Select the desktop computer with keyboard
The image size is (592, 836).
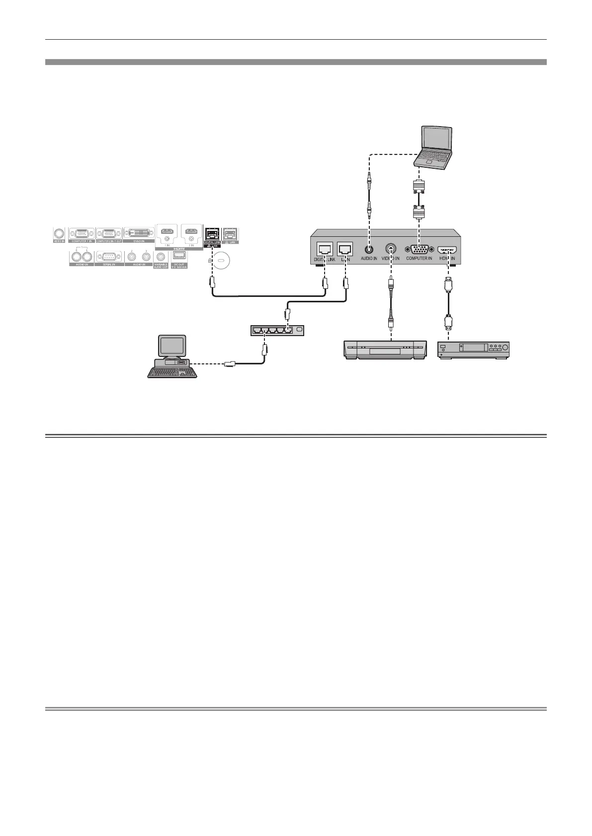point(171,357)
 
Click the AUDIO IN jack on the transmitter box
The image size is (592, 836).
point(369,248)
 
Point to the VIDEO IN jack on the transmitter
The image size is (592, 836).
point(391,248)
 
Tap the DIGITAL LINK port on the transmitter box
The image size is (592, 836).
point(324,248)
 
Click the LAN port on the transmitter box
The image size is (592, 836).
point(345,248)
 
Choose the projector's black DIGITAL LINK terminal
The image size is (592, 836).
point(212,234)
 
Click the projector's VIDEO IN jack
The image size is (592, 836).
point(59,233)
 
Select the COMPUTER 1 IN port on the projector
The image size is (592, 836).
point(82,233)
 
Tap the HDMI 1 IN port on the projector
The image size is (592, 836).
point(168,231)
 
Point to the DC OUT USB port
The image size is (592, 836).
point(178,256)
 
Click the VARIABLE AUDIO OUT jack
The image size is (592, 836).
point(161,257)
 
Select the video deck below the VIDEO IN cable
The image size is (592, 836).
point(386,349)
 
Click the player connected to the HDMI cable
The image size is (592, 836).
point(474,349)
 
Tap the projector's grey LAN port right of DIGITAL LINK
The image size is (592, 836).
point(230,234)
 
